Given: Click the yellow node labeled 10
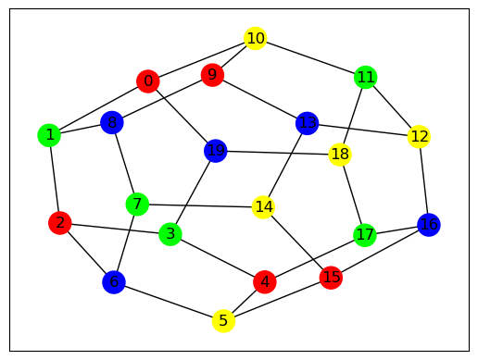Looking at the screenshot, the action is coord(255,38).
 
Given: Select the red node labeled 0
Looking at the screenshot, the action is coord(148,81).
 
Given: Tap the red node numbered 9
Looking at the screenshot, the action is coord(212,75).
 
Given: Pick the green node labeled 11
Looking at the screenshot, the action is coord(366,77).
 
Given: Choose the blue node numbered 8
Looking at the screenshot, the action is coord(112,122).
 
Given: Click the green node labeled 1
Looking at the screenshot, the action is coord(49,135).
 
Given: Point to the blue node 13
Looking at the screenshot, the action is coord(307,123).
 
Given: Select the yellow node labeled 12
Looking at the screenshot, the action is coord(419,136).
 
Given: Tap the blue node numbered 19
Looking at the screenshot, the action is coord(216,151).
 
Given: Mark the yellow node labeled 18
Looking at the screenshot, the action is coord(340,155).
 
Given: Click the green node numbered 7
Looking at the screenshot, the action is coord(137,205).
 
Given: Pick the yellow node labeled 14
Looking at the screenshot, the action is coord(263,207).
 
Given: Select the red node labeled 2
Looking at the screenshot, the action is coord(60,223).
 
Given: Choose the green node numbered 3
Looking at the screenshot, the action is coord(170,234).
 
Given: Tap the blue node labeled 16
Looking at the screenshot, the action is coord(429,225).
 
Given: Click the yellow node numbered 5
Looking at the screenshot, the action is coord(223,321).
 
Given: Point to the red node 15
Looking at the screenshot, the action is coord(331,278).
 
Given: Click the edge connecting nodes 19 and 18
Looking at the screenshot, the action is coord(278,153).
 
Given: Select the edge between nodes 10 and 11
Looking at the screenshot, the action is coord(310,57).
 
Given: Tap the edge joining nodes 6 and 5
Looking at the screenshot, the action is coord(169,302).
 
